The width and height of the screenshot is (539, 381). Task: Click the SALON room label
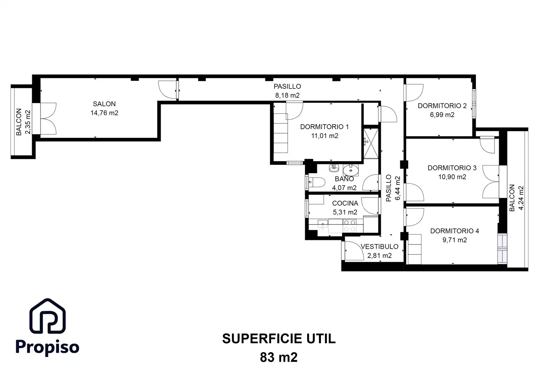point(104,104)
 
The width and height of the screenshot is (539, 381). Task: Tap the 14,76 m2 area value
point(104,113)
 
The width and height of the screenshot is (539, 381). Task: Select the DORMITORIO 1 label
point(324,127)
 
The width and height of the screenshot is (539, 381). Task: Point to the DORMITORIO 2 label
point(442,105)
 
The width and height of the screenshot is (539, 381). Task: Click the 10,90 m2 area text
point(452,177)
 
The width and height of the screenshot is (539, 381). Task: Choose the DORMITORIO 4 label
point(454,231)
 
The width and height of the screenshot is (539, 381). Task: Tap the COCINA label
point(345,203)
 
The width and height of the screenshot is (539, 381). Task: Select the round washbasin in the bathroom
point(351,170)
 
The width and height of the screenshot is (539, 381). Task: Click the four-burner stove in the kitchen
point(350,226)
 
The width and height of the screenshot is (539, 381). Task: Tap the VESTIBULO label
point(379,247)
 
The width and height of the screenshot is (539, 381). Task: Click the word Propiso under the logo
point(47,347)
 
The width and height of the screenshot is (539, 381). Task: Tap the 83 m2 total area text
point(279,357)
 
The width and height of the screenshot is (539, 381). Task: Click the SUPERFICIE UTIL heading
point(279,339)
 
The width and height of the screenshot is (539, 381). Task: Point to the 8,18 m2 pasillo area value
point(287,95)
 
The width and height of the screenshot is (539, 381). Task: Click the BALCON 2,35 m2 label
point(23,122)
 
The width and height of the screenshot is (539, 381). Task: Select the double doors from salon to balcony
point(48,119)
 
